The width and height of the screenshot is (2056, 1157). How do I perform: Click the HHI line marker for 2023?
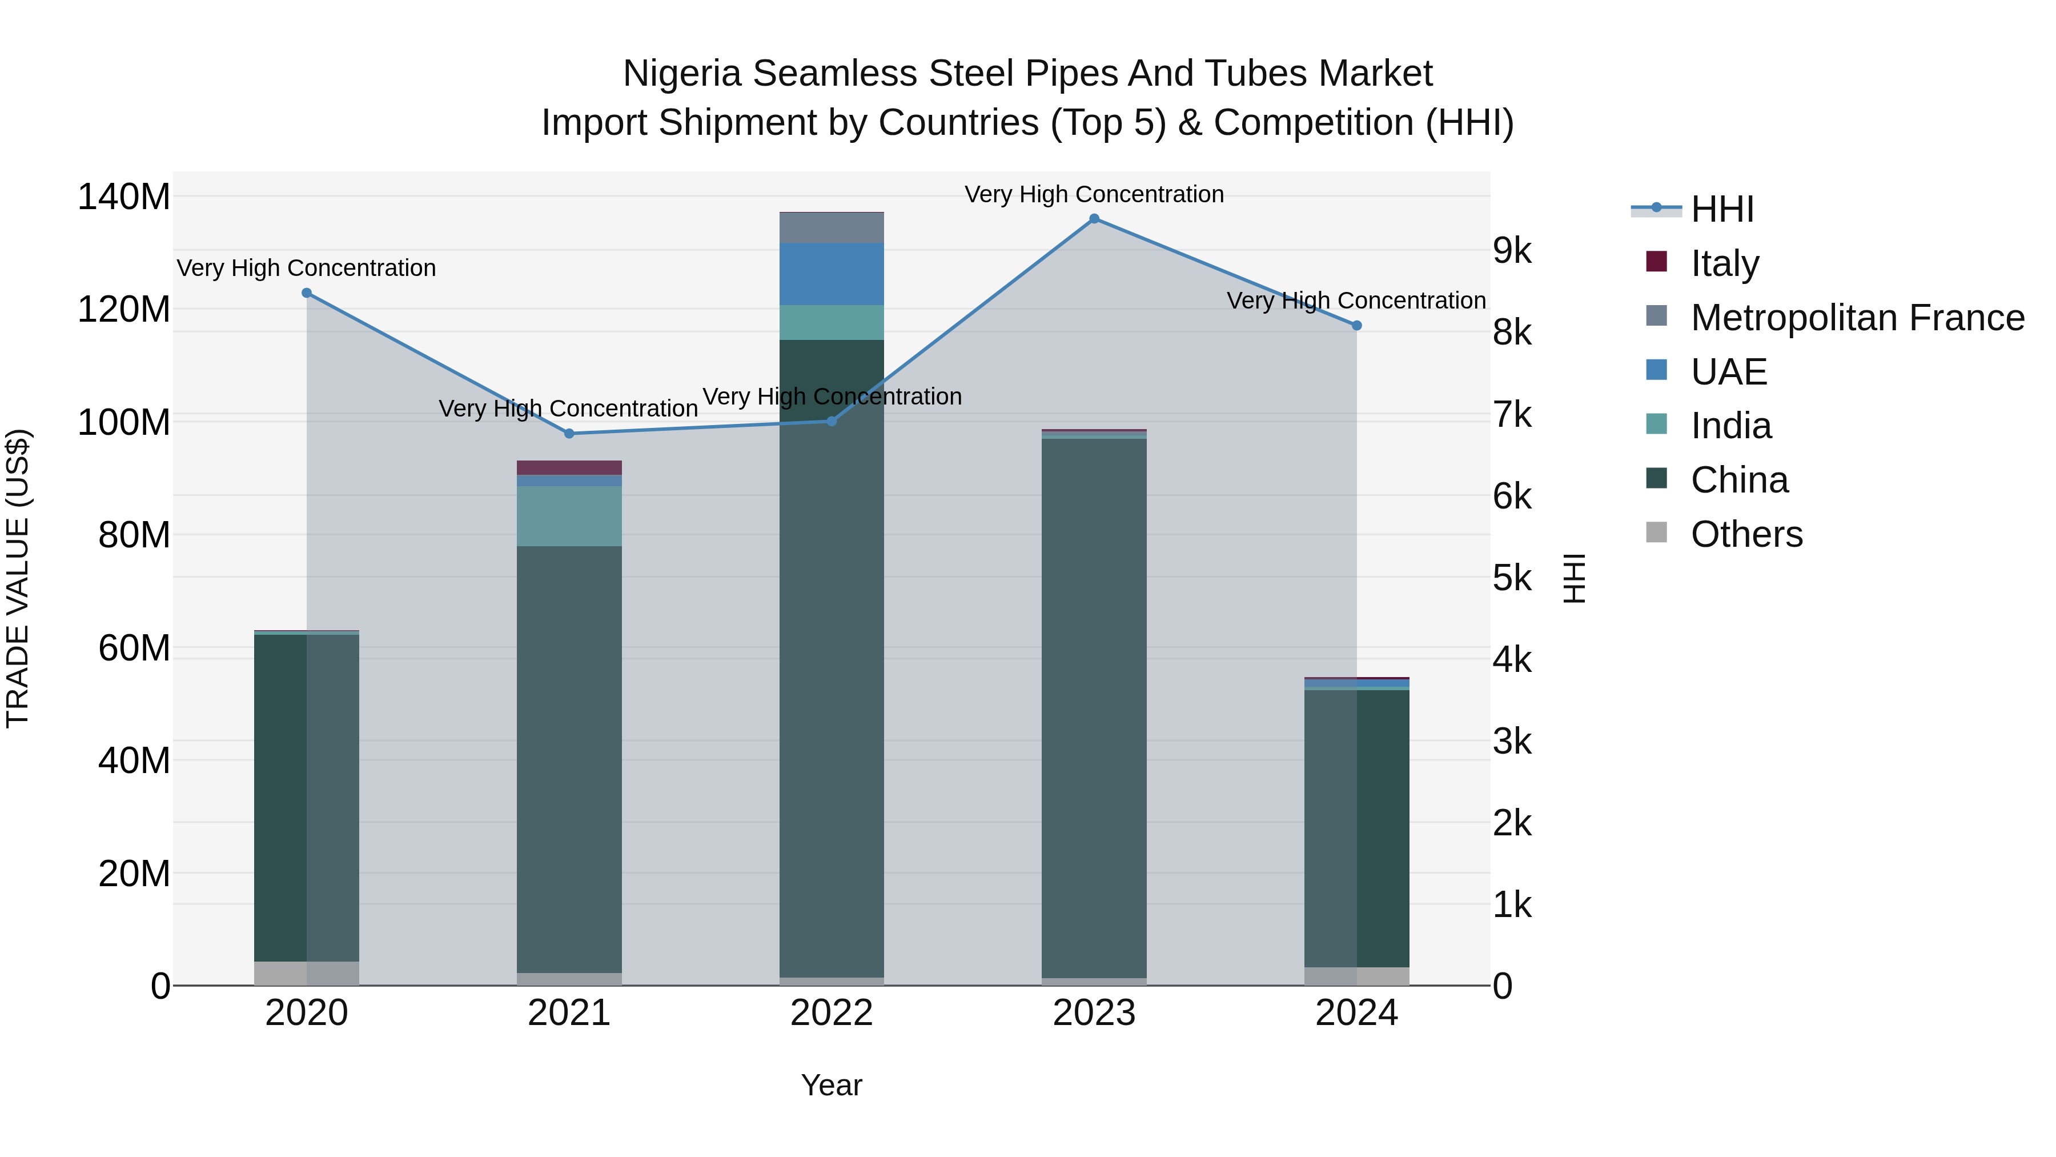1094,219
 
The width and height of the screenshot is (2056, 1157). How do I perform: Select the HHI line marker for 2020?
307,293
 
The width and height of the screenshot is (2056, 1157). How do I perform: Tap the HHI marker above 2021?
569,434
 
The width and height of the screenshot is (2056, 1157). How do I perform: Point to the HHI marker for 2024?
1357,326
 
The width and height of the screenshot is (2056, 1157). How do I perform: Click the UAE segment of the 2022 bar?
832,274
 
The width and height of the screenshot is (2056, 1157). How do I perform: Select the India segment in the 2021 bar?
569,516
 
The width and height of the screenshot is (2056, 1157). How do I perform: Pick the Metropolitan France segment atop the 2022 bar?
832,227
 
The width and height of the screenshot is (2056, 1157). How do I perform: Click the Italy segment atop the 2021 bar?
569,468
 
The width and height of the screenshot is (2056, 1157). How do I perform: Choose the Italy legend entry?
1724,263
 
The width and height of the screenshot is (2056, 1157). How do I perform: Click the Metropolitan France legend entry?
1857,318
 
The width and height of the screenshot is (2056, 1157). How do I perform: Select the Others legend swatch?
1657,533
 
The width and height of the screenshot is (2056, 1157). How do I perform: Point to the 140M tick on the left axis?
124,197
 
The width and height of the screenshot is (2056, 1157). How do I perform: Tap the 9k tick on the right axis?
1512,251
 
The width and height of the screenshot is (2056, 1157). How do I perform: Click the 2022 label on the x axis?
832,1013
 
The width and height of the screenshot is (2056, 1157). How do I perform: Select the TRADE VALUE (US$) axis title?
18,578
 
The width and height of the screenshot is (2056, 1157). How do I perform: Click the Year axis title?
832,1085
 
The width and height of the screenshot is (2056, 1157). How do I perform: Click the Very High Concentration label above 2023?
1094,194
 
